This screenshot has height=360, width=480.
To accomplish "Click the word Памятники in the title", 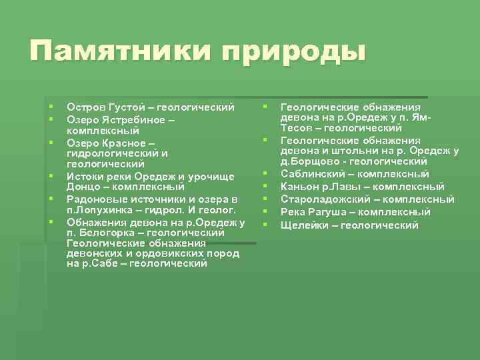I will (119, 51).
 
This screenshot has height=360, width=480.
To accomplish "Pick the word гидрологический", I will (113, 153).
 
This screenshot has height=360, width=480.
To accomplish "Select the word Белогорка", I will (104, 233).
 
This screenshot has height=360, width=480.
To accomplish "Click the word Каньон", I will (299, 187).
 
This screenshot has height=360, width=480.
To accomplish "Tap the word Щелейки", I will (303, 225).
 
